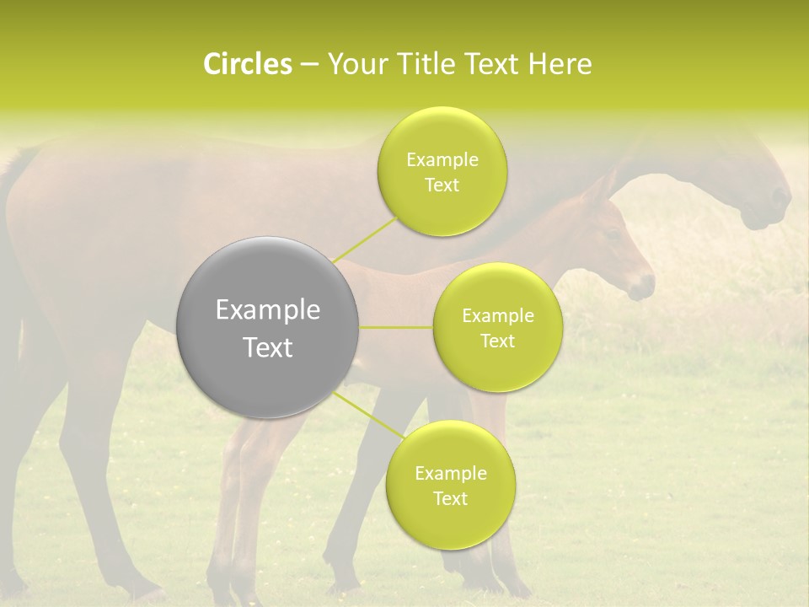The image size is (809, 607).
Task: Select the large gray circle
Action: (x=268, y=327)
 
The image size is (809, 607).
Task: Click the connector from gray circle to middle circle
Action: (x=396, y=327)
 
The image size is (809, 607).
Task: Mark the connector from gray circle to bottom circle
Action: (x=367, y=416)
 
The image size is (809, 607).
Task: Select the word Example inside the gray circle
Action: (x=268, y=310)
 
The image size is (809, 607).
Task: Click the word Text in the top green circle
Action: (x=442, y=185)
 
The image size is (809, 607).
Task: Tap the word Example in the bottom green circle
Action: (x=450, y=473)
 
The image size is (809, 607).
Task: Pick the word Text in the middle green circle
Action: (x=497, y=341)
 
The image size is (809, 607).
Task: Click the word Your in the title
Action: (x=353, y=64)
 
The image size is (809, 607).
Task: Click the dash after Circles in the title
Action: (x=308, y=64)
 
